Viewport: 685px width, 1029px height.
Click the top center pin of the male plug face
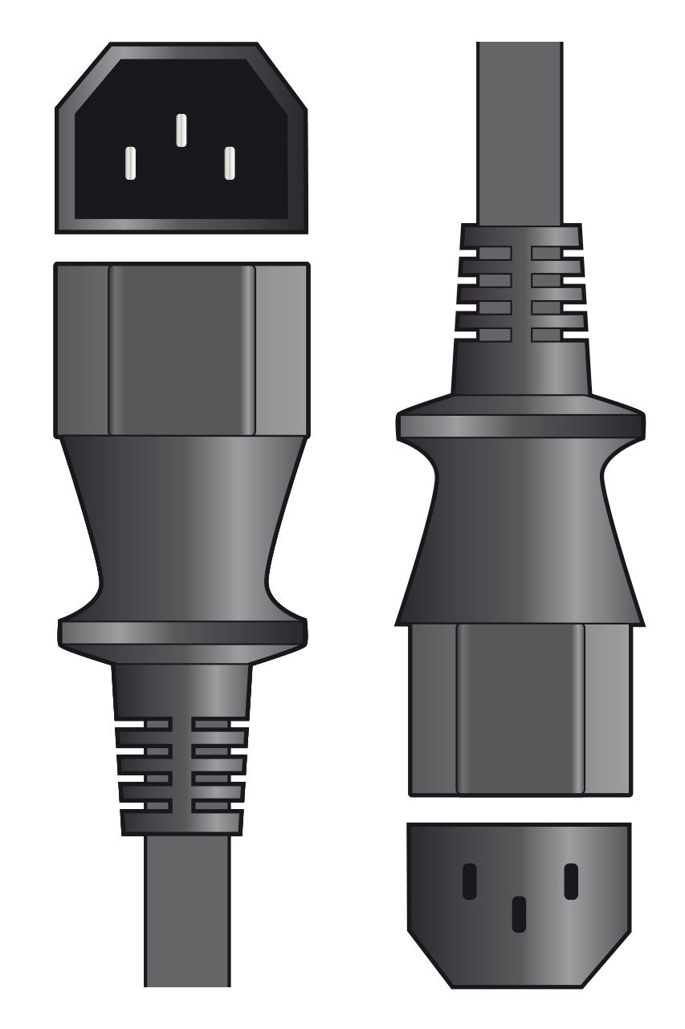click(x=181, y=130)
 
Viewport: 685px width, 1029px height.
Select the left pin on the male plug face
click(x=131, y=163)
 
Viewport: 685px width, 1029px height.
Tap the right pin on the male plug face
click(x=230, y=163)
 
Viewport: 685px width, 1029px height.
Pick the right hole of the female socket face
click(x=571, y=881)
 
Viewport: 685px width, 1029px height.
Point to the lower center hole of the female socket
click(x=520, y=914)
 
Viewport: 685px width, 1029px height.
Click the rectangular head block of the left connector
click(x=181, y=350)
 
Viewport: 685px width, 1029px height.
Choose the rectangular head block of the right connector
click(x=520, y=710)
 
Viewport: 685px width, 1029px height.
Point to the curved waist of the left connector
click(x=182, y=530)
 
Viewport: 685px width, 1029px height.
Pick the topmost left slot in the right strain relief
click(x=487, y=254)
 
